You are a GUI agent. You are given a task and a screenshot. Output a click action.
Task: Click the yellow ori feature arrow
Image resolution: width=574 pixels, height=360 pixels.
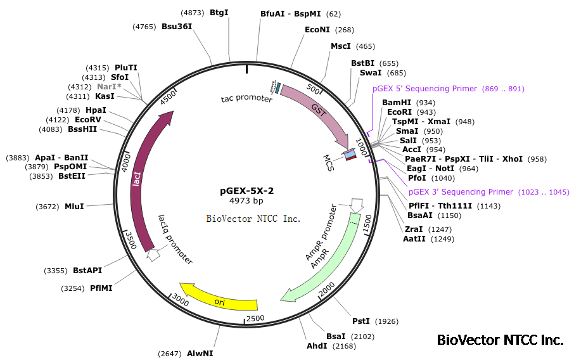pyautogui.click(x=219, y=300)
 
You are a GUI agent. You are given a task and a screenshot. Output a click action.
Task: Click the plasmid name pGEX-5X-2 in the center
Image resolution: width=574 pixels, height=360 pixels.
pyautogui.click(x=246, y=190)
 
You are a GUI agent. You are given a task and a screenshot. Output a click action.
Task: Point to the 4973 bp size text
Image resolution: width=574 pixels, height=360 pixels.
pyautogui.click(x=246, y=201)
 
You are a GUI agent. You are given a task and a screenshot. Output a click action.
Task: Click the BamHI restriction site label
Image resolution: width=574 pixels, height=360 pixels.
pyautogui.click(x=397, y=103)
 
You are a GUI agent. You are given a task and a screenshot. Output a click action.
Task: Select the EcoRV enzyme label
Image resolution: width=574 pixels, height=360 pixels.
pyautogui.click(x=87, y=119)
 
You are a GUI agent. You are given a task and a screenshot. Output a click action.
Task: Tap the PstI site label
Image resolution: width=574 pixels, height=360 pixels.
pyautogui.click(x=361, y=321)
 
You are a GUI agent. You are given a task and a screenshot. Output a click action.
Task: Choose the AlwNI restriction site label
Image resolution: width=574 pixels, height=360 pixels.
pyautogui.click(x=200, y=353)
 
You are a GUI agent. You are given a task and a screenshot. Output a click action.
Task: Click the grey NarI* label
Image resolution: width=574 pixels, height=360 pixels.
pyautogui.click(x=109, y=87)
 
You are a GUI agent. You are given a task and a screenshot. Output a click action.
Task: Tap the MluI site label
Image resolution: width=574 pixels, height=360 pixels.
pyautogui.click(x=74, y=207)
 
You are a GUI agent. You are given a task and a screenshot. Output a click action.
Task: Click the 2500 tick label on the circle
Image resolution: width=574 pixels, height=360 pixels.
pyautogui.click(x=255, y=318)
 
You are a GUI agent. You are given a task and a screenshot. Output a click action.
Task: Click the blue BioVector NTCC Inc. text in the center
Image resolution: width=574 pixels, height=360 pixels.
pyautogui.click(x=253, y=219)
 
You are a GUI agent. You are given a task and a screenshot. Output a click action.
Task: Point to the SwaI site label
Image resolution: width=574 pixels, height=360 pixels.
pyautogui.click(x=371, y=73)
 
